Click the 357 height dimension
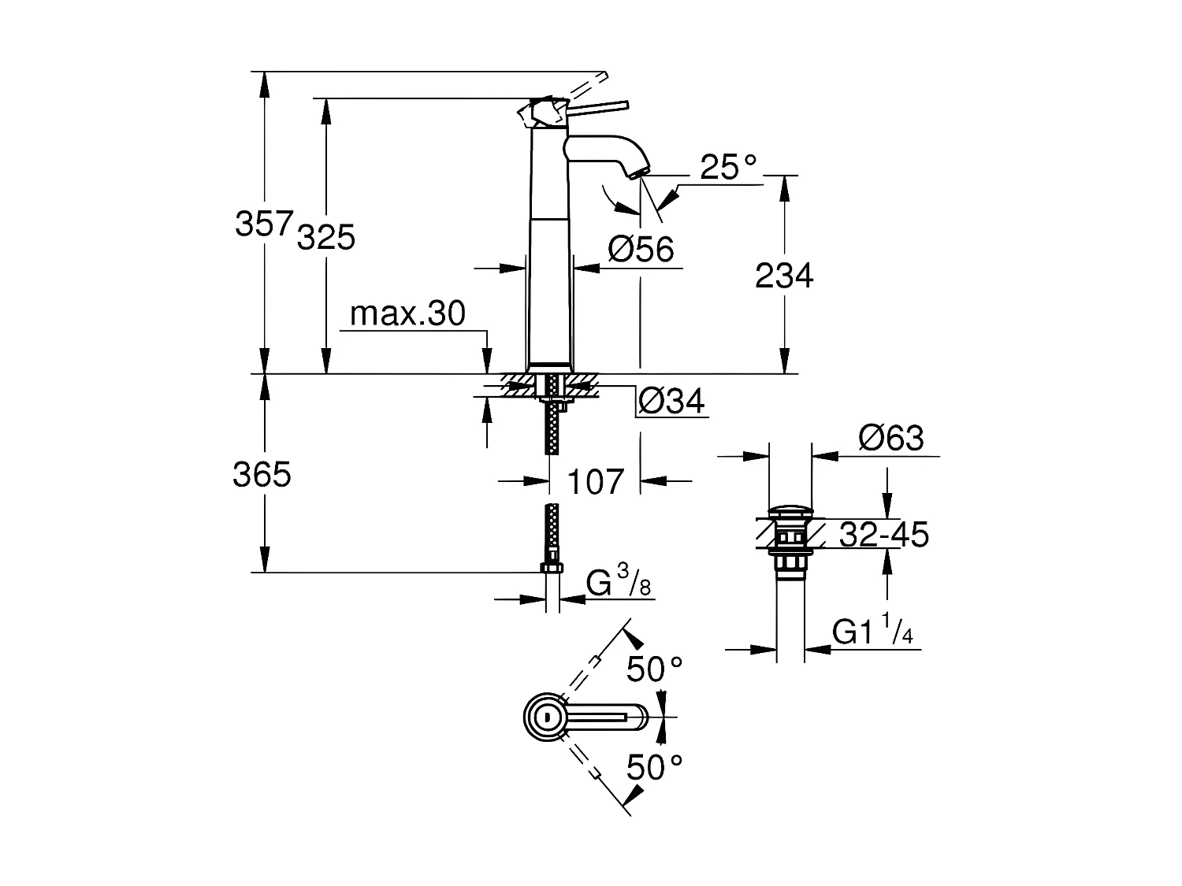264,224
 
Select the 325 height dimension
326,236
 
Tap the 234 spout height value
783,276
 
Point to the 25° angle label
727,168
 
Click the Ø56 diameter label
641,250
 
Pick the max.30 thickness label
407,314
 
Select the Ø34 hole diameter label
671,402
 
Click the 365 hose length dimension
262,475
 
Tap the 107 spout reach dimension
595,482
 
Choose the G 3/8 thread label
619,584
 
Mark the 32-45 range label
883,536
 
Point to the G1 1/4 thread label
872,632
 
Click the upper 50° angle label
654,669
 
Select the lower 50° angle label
654,766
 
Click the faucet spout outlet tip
641,172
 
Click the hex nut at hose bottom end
552,569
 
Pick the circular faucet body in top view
545,717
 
